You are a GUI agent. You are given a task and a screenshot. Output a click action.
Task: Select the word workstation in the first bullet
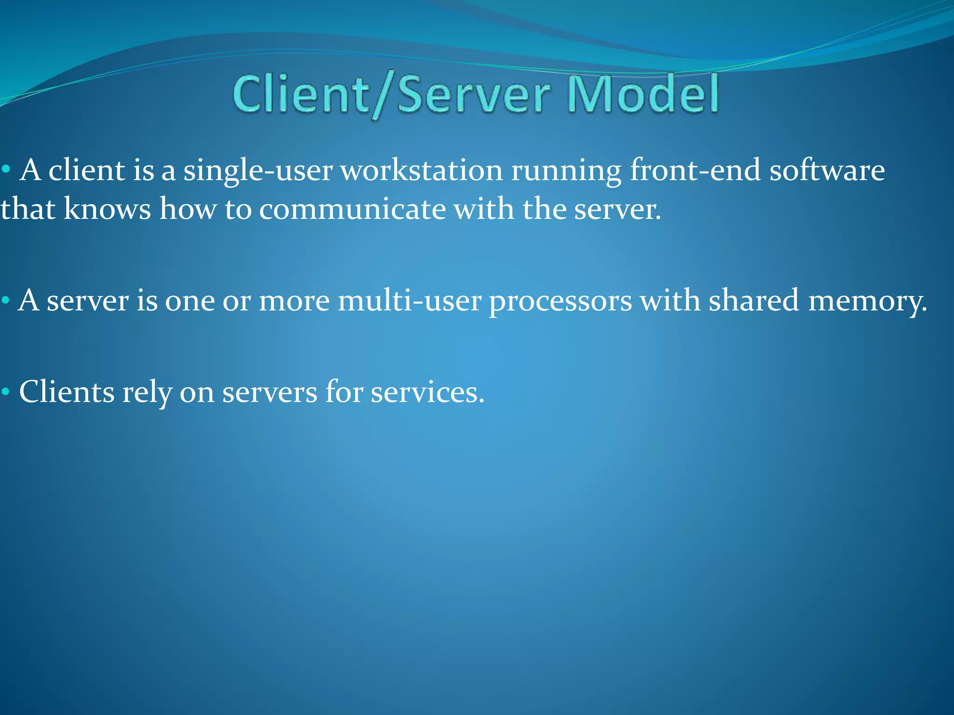click(x=422, y=170)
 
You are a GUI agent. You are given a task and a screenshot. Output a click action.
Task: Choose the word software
click(x=827, y=170)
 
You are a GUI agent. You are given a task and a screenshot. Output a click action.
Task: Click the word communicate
click(x=352, y=209)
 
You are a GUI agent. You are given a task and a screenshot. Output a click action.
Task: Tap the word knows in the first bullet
click(x=107, y=209)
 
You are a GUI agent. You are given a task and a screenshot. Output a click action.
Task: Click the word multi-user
click(x=409, y=301)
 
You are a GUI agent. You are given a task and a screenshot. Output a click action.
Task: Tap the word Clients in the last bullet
click(x=67, y=391)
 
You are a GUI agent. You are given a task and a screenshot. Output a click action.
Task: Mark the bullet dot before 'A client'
click(x=6, y=169)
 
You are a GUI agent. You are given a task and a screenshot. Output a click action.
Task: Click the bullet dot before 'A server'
click(x=6, y=300)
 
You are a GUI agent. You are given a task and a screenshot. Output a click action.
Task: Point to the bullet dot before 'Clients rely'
click(x=6, y=392)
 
